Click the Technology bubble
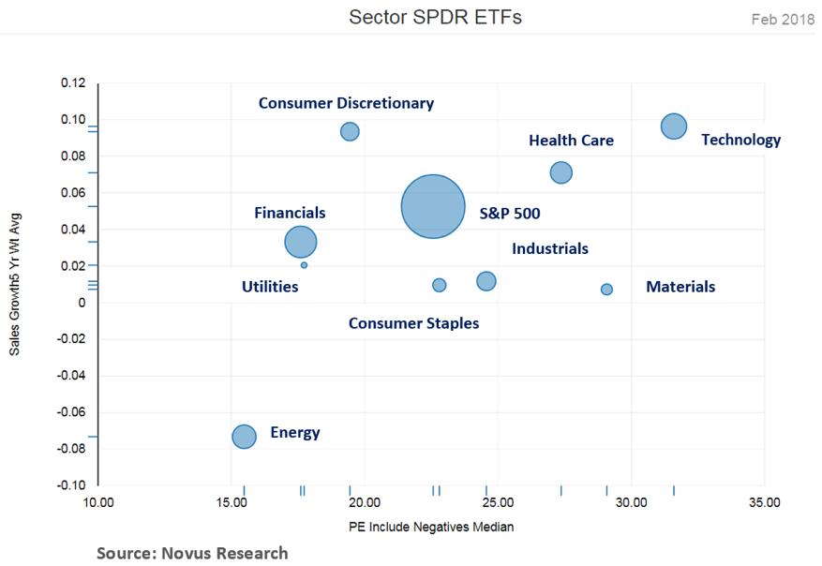tap(673, 127)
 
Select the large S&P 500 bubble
tap(432, 207)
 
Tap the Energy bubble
tap(244, 436)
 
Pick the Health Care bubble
tap(560, 172)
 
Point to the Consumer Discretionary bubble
tap(350, 131)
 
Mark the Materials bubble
tap(606, 290)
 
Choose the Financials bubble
tap(300, 242)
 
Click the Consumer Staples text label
tap(413, 323)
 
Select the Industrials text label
tap(549, 248)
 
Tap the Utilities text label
tap(270, 286)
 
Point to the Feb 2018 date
tap(783, 19)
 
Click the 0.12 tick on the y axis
tap(72, 83)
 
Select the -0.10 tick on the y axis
tap(70, 485)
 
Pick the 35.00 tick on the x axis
tap(764, 503)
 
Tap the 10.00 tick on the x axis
tap(98, 503)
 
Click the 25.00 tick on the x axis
tap(498, 503)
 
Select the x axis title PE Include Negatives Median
tap(431, 527)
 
